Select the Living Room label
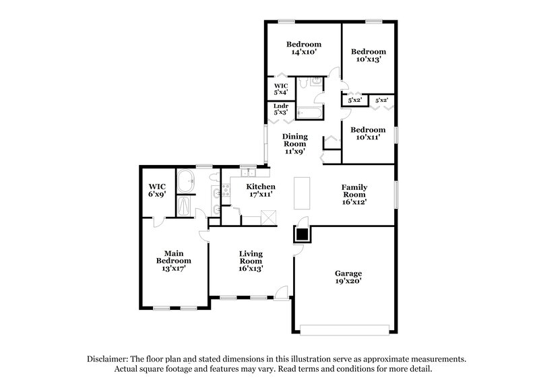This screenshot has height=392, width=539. (251, 261)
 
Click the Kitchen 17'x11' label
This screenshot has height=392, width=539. (260, 191)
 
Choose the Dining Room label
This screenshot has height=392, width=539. (294, 143)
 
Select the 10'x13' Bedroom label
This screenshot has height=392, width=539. (368, 55)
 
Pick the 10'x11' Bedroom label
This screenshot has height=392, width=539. (368, 133)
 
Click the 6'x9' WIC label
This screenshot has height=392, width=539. (157, 190)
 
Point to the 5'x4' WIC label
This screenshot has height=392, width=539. (281, 90)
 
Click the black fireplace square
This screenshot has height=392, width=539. (302, 234)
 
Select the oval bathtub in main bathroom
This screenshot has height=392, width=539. (185, 182)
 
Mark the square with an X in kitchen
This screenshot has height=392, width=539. (270, 218)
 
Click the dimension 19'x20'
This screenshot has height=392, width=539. (348, 282)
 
